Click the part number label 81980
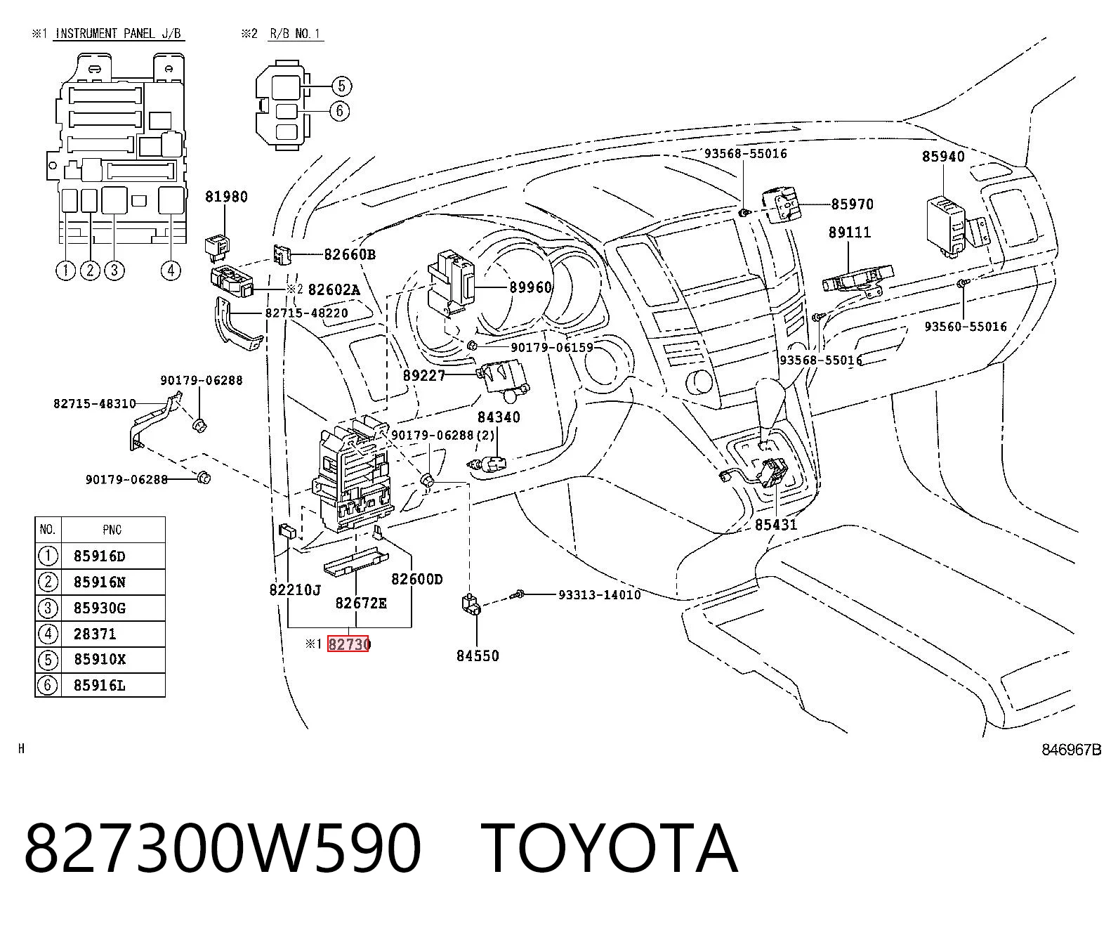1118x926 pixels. [x=227, y=197]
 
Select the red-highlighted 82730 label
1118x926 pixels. [x=348, y=644]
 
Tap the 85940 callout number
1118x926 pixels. [x=943, y=157]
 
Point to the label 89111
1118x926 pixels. [x=850, y=233]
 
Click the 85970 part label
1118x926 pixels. [x=853, y=204]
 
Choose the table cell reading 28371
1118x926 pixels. [x=95, y=634]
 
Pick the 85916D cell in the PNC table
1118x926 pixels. [x=100, y=556]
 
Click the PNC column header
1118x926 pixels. [x=112, y=530]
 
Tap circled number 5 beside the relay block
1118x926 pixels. [x=341, y=86]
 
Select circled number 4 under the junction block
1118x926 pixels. [x=170, y=270]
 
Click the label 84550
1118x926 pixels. [x=478, y=656]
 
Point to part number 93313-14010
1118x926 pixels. [x=600, y=595]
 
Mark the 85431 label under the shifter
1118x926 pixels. [x=776, y=525]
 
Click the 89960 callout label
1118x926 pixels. [x=531, y=287]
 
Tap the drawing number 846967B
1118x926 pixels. [x=1072, y=749]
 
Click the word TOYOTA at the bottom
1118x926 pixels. [x=610, y=848]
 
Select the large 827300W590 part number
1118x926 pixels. [x=223, y=848]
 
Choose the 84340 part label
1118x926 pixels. [x=499, y=417]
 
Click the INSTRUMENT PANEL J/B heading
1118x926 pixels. [x=119, y=34]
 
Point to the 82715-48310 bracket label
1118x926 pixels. [x=95, y=403]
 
